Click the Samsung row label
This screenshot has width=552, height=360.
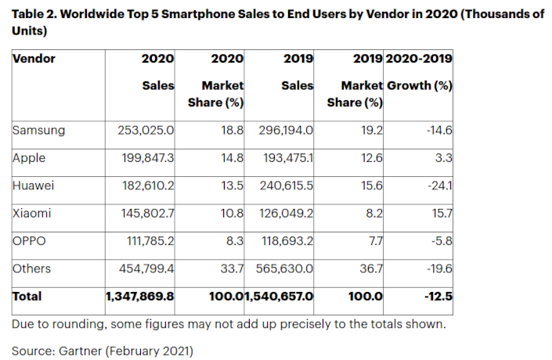coord(38,130)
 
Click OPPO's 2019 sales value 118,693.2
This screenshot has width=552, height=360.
coord(287,241)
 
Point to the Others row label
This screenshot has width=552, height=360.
coord(32,268)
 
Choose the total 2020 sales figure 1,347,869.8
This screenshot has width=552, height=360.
coord(139,297)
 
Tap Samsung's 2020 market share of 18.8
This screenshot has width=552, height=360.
coord(233,130)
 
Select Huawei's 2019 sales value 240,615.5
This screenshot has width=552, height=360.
coord(287,185)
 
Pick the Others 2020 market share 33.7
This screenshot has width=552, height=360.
coord(233,268)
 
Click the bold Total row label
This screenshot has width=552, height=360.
coord(27,297)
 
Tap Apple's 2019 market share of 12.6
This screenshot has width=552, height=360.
coord(372,157)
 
